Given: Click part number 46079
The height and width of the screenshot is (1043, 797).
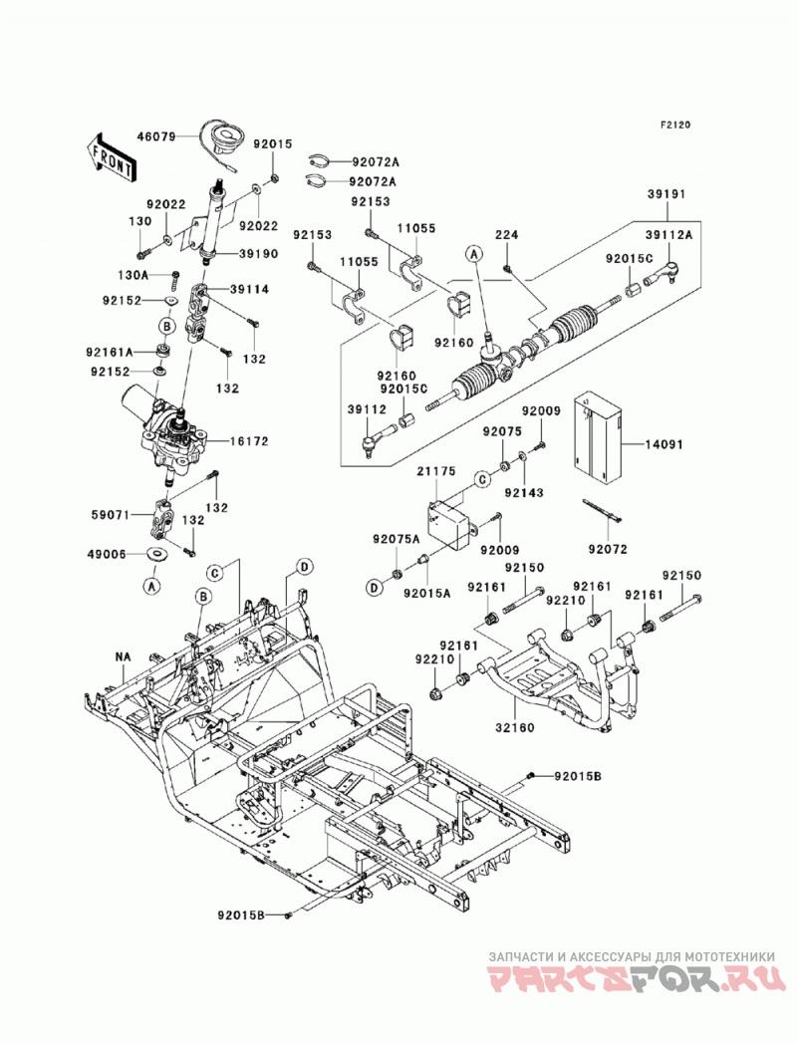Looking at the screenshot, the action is [x=156, y=137].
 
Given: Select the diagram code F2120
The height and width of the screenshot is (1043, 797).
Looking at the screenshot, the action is [x=675, y=125].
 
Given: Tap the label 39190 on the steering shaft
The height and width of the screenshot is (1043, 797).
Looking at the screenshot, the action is [x=259, y=254].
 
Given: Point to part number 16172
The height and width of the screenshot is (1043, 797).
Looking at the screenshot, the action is [x=249, y=441].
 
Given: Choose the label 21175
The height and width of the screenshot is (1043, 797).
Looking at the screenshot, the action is [x=436, y=471].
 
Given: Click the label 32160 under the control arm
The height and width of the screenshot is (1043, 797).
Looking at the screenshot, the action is [x=515, y=727].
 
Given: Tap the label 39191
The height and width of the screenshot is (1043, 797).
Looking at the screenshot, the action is [x=665, y=195].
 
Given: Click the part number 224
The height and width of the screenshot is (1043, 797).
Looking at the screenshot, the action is [x=506, y=235].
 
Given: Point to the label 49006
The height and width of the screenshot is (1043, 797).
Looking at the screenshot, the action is [x=108, y=554].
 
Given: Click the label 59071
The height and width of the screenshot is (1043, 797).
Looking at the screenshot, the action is [x=112, y=514].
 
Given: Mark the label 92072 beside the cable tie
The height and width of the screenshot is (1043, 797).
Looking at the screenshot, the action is [x=608, y=550].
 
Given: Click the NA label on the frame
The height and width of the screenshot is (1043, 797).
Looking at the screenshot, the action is [x=123, y=656].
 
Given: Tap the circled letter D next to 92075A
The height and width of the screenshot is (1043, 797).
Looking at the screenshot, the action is [x=375, y=588].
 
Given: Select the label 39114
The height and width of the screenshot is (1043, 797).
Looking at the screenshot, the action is [x=249, y=289].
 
